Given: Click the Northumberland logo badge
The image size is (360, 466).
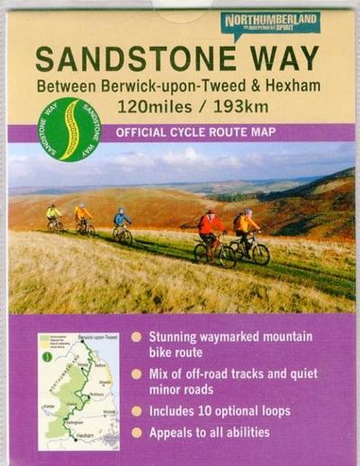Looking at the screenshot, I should point(270,24).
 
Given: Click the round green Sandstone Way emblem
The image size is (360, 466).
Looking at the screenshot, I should point(68,129).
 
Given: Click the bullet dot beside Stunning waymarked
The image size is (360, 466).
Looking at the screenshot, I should point(137,336).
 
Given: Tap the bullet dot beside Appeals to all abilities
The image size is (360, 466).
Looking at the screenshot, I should point(137,432).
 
